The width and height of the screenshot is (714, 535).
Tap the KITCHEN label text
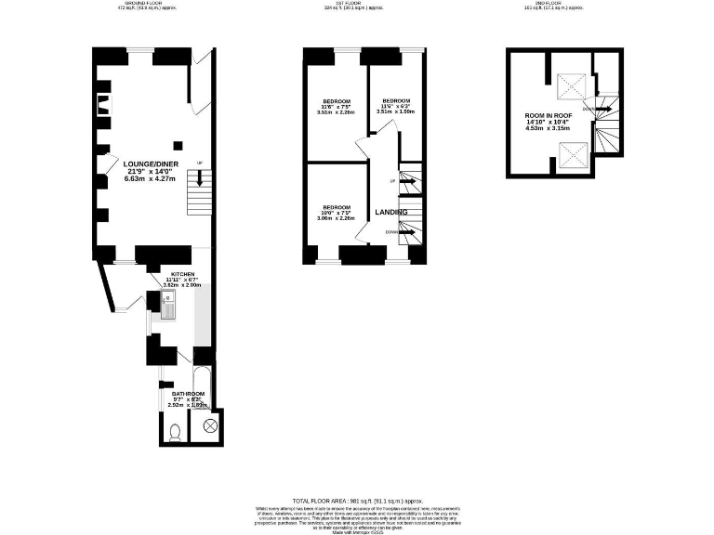point(182,275)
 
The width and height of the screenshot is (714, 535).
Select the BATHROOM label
point(188,394)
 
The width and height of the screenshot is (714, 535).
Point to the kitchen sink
point(169,304)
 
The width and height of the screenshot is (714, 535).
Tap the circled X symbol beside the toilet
point(209,426)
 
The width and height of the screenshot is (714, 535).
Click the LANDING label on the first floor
point(390,213)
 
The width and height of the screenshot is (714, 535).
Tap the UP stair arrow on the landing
point(405,182)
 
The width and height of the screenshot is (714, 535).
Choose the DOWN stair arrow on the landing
point(405,232)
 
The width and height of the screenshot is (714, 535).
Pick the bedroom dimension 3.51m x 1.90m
point(397,111)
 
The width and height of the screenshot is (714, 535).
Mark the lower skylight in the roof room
point(568,150)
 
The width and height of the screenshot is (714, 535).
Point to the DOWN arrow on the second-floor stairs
point(602,109)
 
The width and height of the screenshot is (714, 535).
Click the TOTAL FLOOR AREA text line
point(357,501)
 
